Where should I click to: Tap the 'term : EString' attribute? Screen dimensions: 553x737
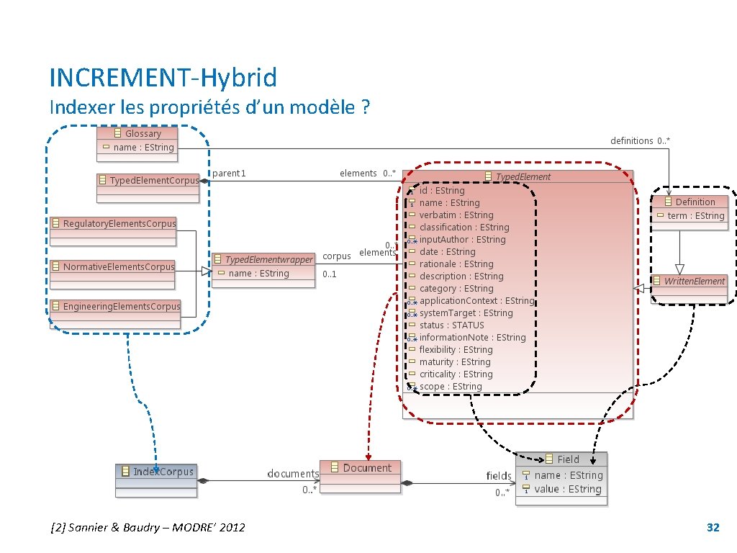[695, 216]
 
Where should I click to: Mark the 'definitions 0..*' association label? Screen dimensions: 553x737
[640, 141]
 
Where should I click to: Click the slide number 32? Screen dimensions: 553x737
[713, 528]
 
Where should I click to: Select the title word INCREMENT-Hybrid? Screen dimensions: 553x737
[163, 77]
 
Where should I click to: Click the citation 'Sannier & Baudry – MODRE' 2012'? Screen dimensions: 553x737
[148, 528]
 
